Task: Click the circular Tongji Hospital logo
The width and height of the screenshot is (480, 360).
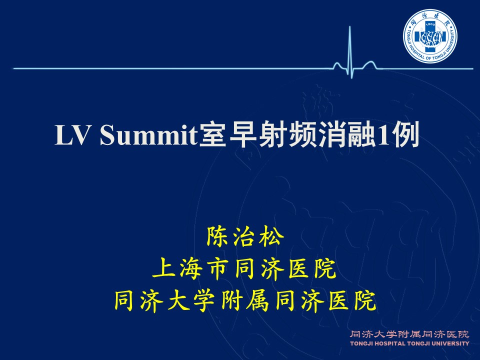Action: [430, 36]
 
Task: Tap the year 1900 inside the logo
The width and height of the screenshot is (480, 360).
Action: [430, 24]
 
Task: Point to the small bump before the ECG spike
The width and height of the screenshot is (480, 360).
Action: [337, 65]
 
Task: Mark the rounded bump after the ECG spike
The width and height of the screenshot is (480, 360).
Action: [369, 65]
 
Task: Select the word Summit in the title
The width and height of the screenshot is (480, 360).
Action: [148, 134]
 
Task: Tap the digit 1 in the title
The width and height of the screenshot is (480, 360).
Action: [384, 134]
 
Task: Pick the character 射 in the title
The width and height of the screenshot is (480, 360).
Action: [272, 134]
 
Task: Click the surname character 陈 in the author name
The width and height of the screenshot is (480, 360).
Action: [216, 236]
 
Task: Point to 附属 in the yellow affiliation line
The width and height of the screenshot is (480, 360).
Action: [244, 301]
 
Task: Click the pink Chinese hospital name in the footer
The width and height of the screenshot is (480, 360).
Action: [409, 334]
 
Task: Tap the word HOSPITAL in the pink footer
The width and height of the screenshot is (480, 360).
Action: [389, 343]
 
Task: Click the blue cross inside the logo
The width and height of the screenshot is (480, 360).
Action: [430, 36]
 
